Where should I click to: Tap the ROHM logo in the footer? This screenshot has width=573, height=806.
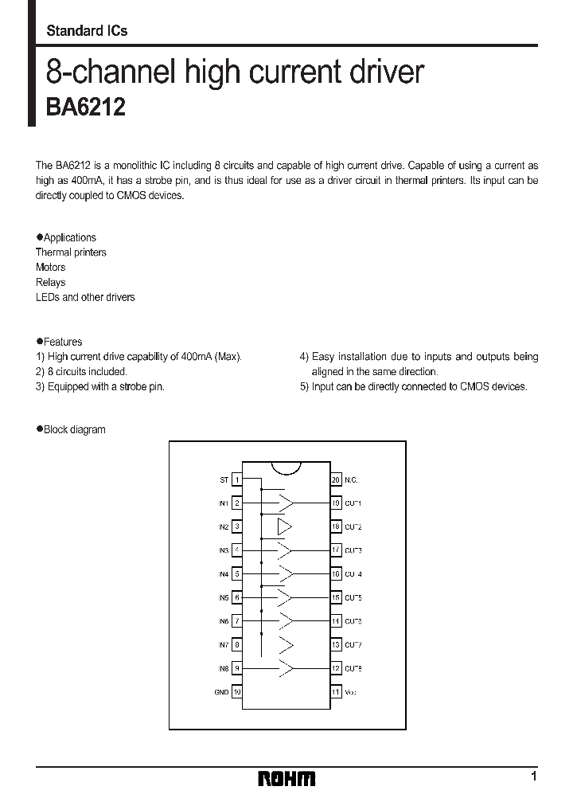pyautogui.click(x=286, y=778)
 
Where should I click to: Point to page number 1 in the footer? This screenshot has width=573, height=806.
pyautogui.click(x=534, y=777)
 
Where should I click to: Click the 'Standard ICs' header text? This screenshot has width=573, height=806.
pyautogui.click(x=87, y=31)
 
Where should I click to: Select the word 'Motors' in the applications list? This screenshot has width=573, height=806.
pyautogui.click(x=51, y=268)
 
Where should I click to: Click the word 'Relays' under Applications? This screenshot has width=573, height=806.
pyautogui.click(x=51, y=283)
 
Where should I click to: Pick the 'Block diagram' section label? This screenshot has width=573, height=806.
pyautogui.click(x=74, y=429)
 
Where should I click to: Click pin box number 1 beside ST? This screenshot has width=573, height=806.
pyautogui.click(x=237, y=479)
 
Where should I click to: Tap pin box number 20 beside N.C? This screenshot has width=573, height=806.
pyautogui.click(x=336, y=479)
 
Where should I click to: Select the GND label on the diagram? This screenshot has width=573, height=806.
pyautogui.click(x=221, y=692)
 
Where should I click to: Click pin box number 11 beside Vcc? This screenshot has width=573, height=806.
pyautogui.click(x=336, y=692)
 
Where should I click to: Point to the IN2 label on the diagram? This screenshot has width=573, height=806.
pyautogui.click(x=223, y=526)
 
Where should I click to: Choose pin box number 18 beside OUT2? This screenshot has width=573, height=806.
pyautogui.click(x=336, y=526)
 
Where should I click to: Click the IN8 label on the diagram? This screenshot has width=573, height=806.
pyautogui.click(x=223, y=668)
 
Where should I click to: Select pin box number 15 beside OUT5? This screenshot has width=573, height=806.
pyautogui.click(x=336, y=597)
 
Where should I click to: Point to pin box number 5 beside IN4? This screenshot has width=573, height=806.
pyautogui.click(x=237, y=573)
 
